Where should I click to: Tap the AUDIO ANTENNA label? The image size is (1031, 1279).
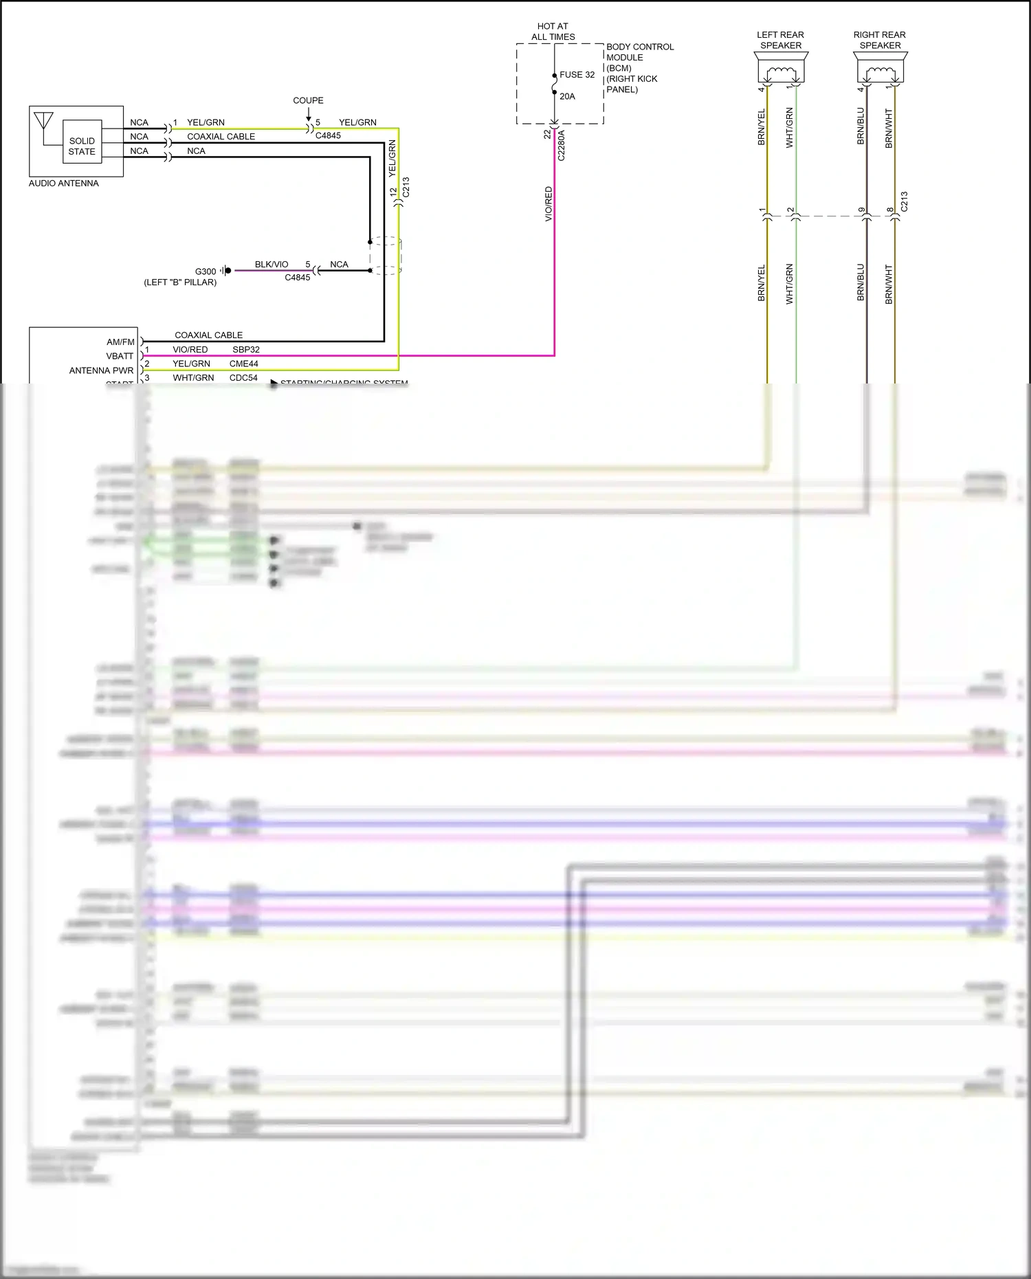[64, 183]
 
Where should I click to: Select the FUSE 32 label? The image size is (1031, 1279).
[577, 75]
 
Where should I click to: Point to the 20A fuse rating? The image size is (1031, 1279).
[567, 96]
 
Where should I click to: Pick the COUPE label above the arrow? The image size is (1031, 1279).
[308, 100]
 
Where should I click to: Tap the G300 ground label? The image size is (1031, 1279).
[206, 271]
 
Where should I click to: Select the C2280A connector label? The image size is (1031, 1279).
[561, 145]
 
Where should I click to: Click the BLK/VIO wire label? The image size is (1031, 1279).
[271, 265]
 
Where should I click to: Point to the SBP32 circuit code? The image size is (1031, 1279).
[246, 350]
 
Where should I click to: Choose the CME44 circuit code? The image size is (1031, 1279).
[244, 364]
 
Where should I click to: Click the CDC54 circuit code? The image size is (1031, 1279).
[243, 378]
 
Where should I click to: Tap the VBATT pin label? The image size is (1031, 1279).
[120, 356]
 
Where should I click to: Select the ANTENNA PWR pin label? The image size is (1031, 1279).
[101, 370]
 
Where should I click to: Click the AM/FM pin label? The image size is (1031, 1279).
[120, 342]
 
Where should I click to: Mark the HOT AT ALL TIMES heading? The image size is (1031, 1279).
[553, 32]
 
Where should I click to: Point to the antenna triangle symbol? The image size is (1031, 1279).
[43, 121]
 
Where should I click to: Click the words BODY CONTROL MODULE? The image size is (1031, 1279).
[639, 52]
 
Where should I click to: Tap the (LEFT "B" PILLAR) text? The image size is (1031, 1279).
[180, 282]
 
